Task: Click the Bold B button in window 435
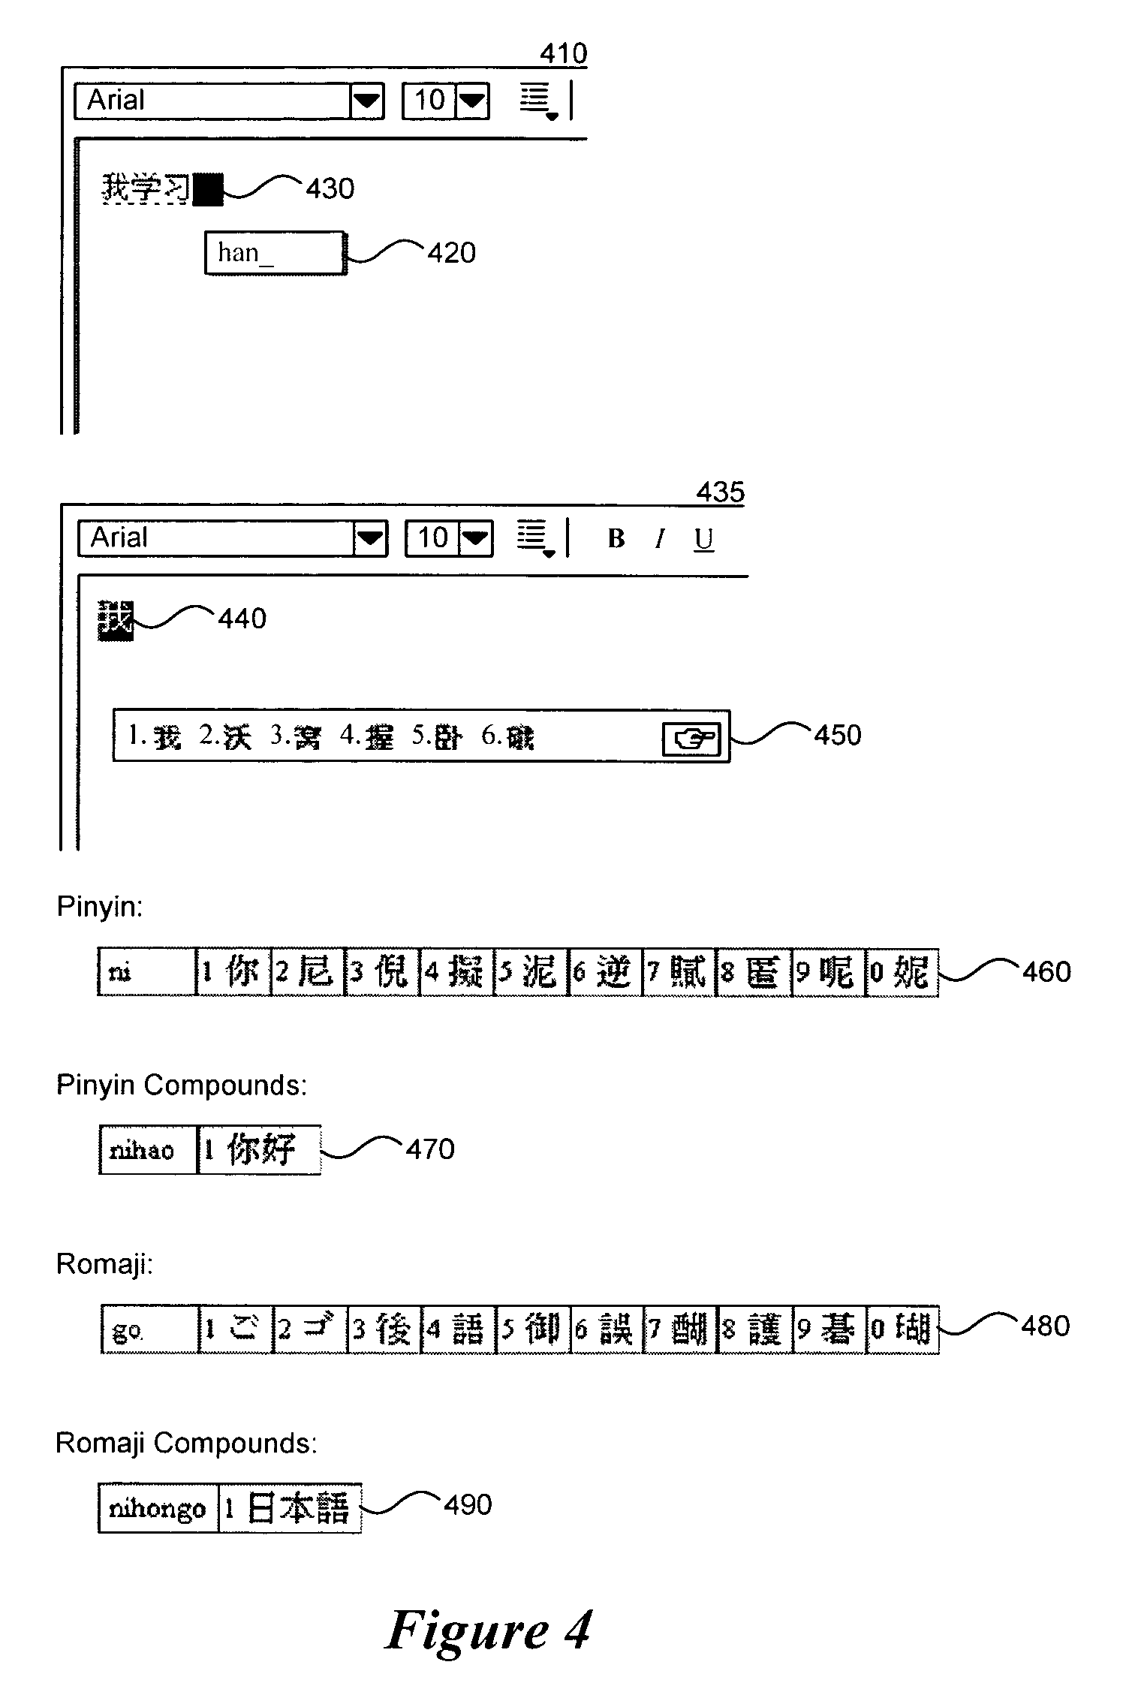pos(616,538)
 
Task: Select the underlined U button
pos(703,539)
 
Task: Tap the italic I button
pos(660,539)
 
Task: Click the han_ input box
pos(275,253)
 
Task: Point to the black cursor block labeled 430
pos(208,189)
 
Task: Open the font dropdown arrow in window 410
pos(367,101)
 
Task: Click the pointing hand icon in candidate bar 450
pos(691,739)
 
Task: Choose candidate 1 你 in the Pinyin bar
pos(233,972)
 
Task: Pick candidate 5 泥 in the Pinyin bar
pos(531,972)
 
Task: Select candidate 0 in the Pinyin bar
pos(902,972)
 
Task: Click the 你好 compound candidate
pos(259,1149)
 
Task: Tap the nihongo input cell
pos(158,1507)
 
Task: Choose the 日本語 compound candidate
pos(290,1507)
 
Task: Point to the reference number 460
pos(1046,972)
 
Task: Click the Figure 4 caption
pos(489,1630)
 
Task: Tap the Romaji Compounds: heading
pos(186,1443)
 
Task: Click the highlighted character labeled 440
pos(116,621)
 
